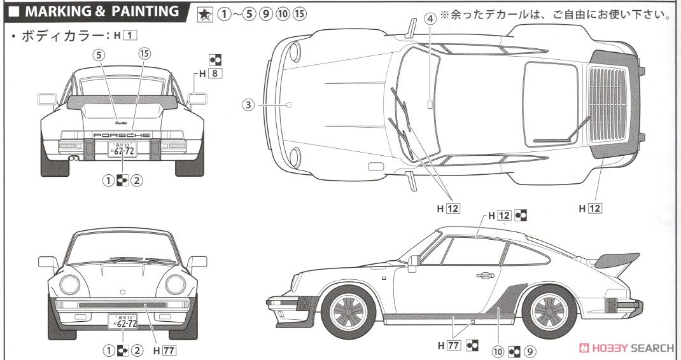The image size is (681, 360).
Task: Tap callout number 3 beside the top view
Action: coord(249,104)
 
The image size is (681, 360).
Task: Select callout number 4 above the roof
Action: coord(431,18)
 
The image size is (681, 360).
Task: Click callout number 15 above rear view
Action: coord(144,55)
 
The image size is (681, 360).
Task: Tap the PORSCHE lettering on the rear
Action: coord(121,135)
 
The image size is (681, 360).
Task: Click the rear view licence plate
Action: coord(121,151)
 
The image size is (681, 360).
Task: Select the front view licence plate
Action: coord(122,322)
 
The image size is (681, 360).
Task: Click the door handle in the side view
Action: coord(484,275)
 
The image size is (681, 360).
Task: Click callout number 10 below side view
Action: coord(499,349)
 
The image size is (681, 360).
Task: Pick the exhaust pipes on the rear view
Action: coord(74,157)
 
